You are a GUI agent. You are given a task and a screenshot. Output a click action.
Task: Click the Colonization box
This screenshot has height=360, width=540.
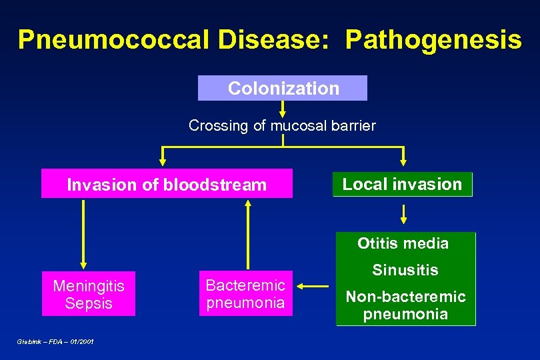point(283,88)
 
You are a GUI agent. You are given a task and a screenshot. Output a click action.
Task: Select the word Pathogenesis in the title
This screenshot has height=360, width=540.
point(433,40)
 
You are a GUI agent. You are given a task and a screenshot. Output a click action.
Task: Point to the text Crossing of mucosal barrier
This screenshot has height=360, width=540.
point(282,125)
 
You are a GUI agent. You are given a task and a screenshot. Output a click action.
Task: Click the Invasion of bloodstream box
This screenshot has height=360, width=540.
point(167,185)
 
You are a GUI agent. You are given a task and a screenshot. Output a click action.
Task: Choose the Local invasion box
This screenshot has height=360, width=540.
point(402,184)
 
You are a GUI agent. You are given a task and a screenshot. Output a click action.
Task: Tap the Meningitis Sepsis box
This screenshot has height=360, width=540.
point(88,294)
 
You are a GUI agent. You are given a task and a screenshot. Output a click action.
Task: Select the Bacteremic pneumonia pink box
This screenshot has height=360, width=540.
point(245,294)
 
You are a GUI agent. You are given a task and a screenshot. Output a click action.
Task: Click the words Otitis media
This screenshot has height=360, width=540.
point(403,243)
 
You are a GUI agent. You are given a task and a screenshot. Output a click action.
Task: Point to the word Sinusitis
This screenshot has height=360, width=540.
point(405,270)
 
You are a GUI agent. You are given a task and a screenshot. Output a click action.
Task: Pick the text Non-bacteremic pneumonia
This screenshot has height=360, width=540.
point(405,305)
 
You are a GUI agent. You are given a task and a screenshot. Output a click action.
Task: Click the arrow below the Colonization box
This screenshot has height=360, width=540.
point(283,109)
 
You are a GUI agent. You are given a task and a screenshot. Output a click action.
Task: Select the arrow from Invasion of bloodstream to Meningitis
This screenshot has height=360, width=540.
point(83,233)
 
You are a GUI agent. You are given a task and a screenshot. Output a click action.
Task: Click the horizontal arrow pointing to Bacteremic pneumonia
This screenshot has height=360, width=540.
point(313,287)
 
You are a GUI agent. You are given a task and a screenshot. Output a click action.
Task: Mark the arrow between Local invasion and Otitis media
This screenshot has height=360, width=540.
point(403,214)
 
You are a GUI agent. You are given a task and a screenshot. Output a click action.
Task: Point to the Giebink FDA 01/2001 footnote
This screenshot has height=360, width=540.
point(55,341)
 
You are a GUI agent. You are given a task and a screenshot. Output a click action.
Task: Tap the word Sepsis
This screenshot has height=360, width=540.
point(89,303)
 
